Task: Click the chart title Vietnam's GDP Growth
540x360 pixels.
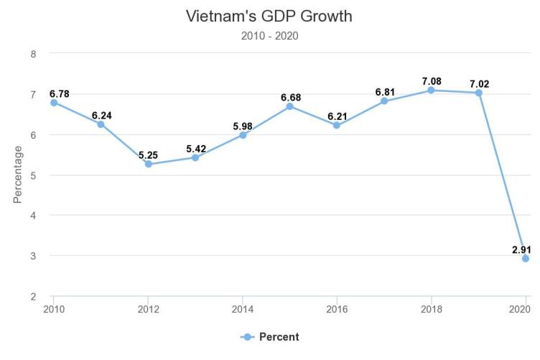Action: [269, 16]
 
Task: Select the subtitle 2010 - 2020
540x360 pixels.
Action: [269, 36]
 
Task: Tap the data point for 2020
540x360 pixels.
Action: [526, 258]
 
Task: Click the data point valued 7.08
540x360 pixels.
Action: [431, 90]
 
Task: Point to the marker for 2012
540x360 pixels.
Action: [148, 164]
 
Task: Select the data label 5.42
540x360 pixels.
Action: [195, 149]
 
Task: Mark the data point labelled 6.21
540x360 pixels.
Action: [337, 125]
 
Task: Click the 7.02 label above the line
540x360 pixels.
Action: [479, 84]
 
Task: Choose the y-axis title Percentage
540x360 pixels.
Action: [18, 175]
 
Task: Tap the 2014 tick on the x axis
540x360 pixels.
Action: [242, 310]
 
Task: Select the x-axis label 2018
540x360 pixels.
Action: [431, 310]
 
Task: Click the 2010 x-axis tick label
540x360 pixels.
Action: [53, 310]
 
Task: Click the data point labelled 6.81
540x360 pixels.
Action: [384, 101]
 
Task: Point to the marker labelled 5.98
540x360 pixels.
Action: [243, 135]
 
